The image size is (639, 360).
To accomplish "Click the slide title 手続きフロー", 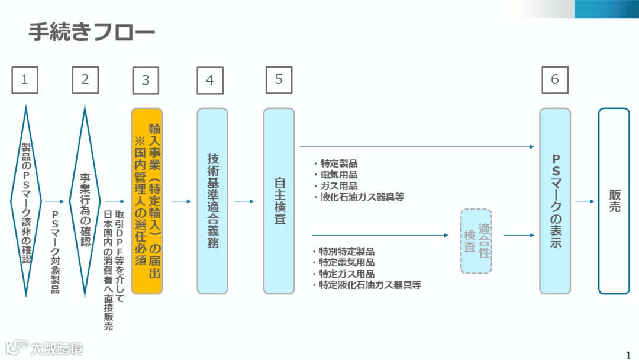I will (92, 33).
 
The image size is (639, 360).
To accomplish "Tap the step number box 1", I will (25, 80).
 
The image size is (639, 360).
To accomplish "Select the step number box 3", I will (146, 81).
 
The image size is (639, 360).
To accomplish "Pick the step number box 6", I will (554, 80).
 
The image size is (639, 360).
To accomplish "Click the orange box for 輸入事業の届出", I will (146, 201).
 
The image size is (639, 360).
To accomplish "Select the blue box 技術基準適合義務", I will (212, 201).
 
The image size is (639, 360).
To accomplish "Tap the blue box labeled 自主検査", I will (279, 201).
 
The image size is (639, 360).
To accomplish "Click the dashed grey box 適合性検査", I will (476, 241).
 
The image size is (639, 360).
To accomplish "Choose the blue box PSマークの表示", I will (555, 201).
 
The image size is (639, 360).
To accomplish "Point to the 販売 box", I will (614, 201).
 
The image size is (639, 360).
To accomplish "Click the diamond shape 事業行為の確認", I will (85, 201).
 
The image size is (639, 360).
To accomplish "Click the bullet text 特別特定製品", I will (346, 251).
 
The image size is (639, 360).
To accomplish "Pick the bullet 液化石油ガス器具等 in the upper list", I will (362, 197).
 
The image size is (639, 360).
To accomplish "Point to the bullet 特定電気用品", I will (346, 262).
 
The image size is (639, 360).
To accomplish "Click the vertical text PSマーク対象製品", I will (55, 252).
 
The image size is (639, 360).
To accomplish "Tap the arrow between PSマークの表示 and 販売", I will (584, 201).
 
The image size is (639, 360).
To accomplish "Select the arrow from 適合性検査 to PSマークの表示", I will (518, 236).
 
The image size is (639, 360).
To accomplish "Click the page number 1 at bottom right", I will (628, 355).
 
